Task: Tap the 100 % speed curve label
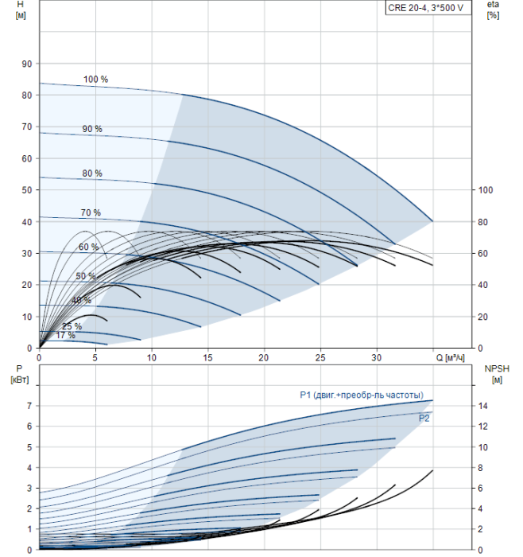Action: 95,80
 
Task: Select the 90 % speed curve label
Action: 91,129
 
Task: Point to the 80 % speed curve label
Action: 91,173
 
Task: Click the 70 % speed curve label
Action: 90,212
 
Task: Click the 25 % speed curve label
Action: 72,326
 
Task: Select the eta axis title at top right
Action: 493,10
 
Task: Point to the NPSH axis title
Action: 495,373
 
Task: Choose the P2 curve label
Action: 424,417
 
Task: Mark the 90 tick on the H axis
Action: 26,64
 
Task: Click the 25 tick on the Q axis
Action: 320,356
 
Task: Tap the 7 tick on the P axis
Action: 29,406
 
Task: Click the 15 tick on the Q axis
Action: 207,356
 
